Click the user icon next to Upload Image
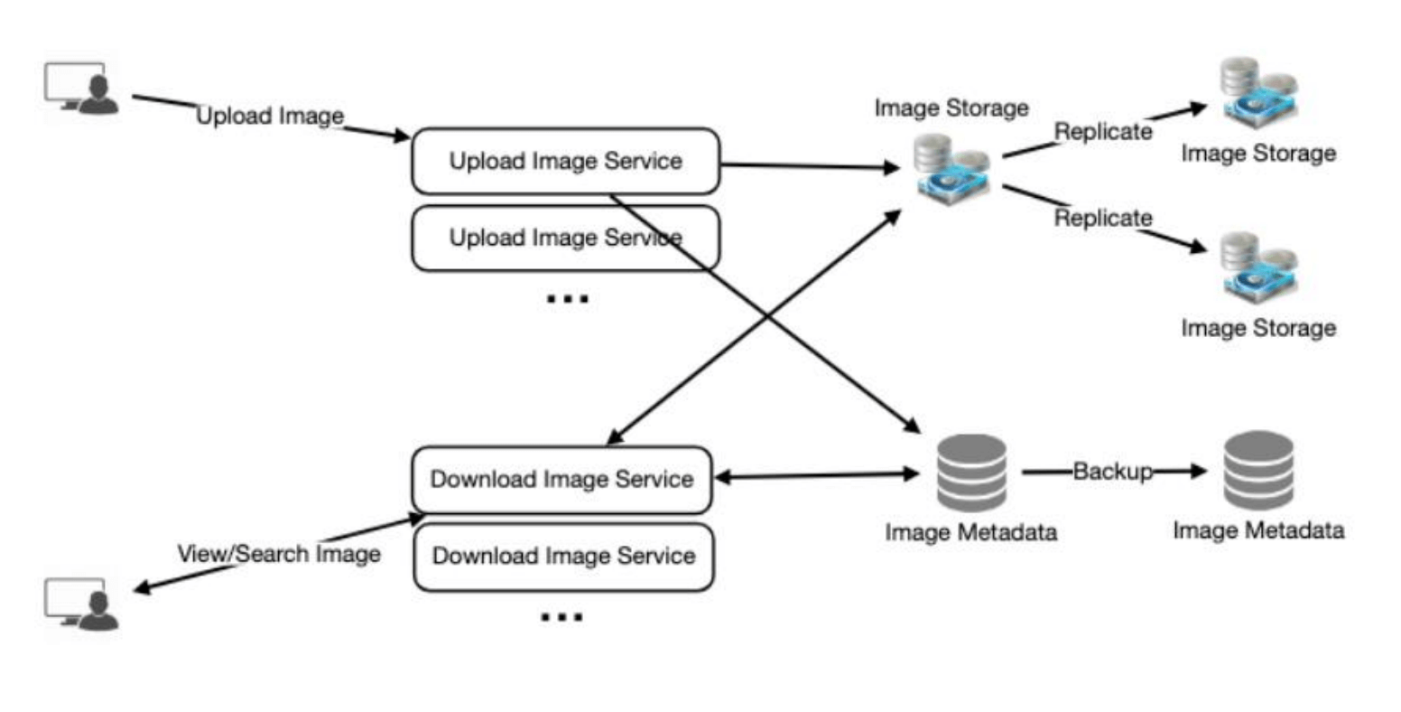pos(82,89)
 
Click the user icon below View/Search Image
pos(82,604)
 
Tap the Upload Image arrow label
pos(270,117)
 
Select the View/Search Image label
pos(279,554)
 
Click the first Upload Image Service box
pos(565,162)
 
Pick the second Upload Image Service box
pos(565,239)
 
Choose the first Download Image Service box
pos(561,480)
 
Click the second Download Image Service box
pos(563,557)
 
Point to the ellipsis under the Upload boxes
pos(567,298)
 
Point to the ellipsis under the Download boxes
pos(561,617)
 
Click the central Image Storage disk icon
pos(951,168)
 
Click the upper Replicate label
pos(1103,132)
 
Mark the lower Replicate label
pos(1103,219)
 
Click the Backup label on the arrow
pos(1112,472)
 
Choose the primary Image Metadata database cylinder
pos(970,473)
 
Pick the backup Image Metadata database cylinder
pos(1258,470)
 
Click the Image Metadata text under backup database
pos(1258,530)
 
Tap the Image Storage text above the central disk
pos(951,108)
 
